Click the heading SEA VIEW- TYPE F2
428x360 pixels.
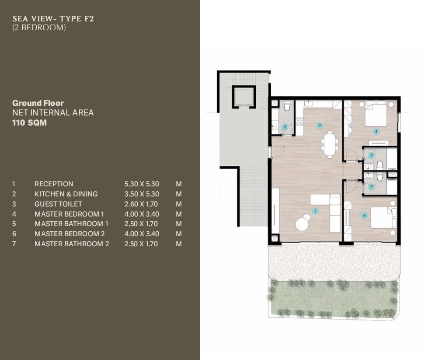(53, 19)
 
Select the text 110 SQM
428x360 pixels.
(29, 122)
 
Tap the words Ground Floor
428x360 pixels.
(38, 103)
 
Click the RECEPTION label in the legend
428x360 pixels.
(54, 184)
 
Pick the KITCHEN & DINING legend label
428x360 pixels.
(66, 194)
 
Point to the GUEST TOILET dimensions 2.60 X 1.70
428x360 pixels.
(141, 204)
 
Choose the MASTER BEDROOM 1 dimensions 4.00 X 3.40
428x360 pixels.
(142, 214)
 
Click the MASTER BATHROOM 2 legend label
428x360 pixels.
(72, 244)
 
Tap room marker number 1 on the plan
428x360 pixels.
(315, 210)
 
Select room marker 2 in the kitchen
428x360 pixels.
(320, 126)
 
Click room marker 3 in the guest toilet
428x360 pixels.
(285, 127)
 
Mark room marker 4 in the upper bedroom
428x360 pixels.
(376, 131)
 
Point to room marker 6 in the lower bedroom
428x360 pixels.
(364, 216)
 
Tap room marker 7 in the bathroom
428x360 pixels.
(371, 187)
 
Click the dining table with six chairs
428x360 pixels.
(330, 144)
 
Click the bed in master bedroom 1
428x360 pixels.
(376, 115)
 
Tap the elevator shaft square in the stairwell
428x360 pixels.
(244, 97)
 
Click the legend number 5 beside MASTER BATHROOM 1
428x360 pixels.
(14, 224)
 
